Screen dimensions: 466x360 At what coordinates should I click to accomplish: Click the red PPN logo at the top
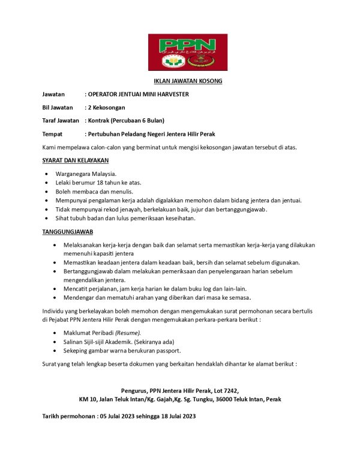pyautogui.click(x=188, y=52)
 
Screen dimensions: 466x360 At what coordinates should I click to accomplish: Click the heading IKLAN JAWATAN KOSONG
pyautogui.click(x=188, y=81)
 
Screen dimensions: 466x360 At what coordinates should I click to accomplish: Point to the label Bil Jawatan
pyautogui.click(x=58, y=107)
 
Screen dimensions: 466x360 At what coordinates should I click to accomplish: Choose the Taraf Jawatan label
pyautogui.click(x=61, y=121)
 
